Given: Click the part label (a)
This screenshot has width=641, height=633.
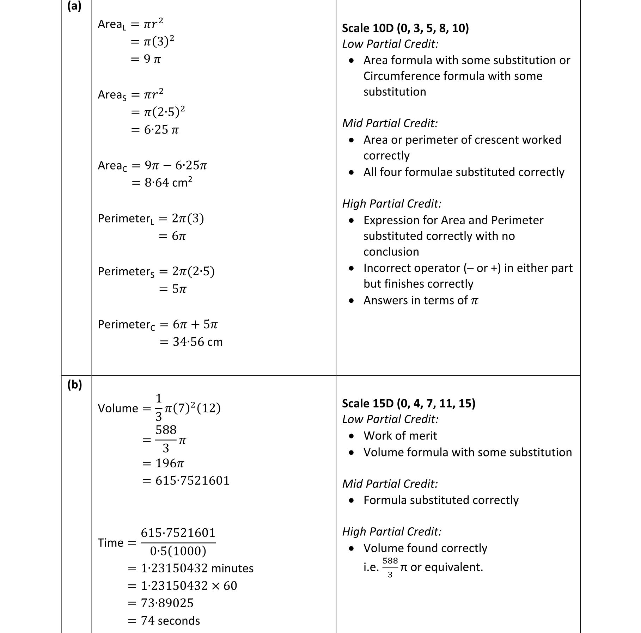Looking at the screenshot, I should tap(74, 6).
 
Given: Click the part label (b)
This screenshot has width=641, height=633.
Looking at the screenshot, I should tap(74, 385).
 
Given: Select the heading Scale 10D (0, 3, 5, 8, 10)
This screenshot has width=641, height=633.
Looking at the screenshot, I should tap(405, 28).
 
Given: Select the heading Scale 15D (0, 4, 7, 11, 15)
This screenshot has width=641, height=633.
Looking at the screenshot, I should tap(409, 403).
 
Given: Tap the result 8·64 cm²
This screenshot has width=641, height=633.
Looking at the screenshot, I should tap(168, 183).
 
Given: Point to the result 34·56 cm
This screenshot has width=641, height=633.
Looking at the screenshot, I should tap(197, 342).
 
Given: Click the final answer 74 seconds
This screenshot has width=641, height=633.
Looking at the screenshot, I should tap(170, 621).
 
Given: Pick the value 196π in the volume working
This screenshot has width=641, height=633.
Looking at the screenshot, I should tap(170, 463).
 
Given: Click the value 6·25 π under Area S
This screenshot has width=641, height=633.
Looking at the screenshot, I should tap(161, 130).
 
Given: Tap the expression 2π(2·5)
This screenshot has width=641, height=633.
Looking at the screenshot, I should tap(193, 271).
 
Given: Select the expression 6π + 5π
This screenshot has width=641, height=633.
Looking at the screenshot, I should tap(195, 324).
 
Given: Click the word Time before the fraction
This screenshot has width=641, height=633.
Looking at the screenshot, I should tap(110, 543).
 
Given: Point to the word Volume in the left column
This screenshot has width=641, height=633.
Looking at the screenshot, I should tap(118, 408).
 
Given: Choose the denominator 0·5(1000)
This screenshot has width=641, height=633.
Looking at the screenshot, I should tap(178, 551).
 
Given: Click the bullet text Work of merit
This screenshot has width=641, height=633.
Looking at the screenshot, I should tap(400, 436).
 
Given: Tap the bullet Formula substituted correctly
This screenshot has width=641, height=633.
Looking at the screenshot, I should tap(441, 500).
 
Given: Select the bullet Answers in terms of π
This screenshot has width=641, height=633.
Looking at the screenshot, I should tap(421, 300).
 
